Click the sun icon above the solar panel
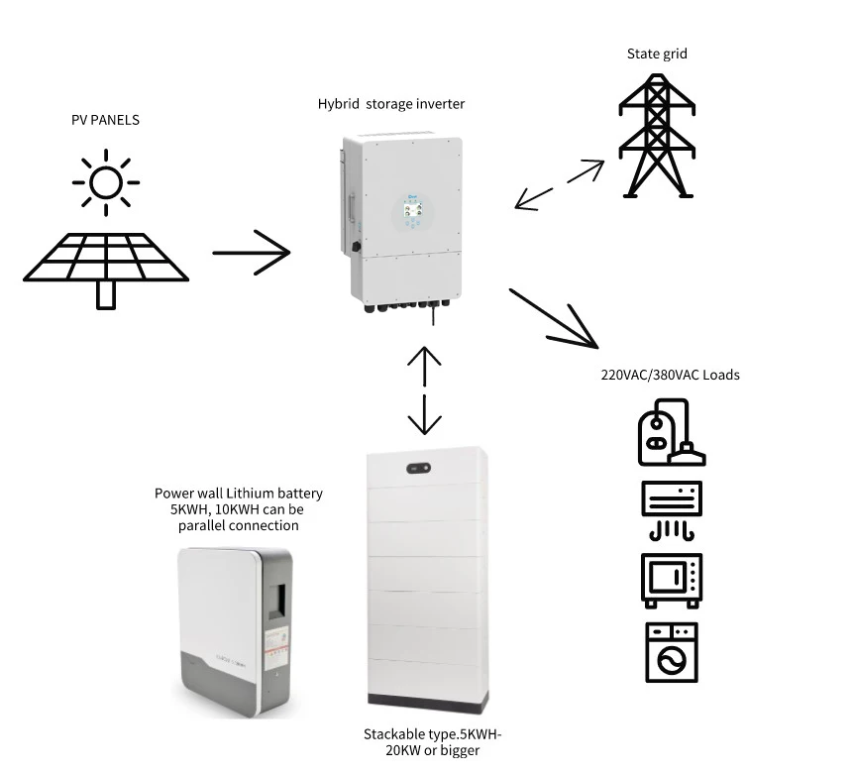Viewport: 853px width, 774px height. tap(105, 182)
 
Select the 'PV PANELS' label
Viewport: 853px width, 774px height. tap(105, 120)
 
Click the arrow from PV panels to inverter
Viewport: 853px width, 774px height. tap(252, 253)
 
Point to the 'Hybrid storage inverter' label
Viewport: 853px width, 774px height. tap(390, 103)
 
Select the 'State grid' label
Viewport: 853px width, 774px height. tap(657, 54)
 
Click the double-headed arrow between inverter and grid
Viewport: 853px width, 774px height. tap(560, 184)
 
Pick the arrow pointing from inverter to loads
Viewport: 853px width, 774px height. tap(555, 318)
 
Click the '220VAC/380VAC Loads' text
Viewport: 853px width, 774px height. tap(670, 375)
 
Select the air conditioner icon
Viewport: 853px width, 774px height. tap(671, 509)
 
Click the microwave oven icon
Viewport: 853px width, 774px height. tap(671, 580)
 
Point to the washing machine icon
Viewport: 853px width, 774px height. tap(671, 652)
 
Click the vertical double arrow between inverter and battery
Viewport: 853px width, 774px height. tap(425, 390)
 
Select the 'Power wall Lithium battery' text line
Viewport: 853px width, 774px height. tap(238, 493)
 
